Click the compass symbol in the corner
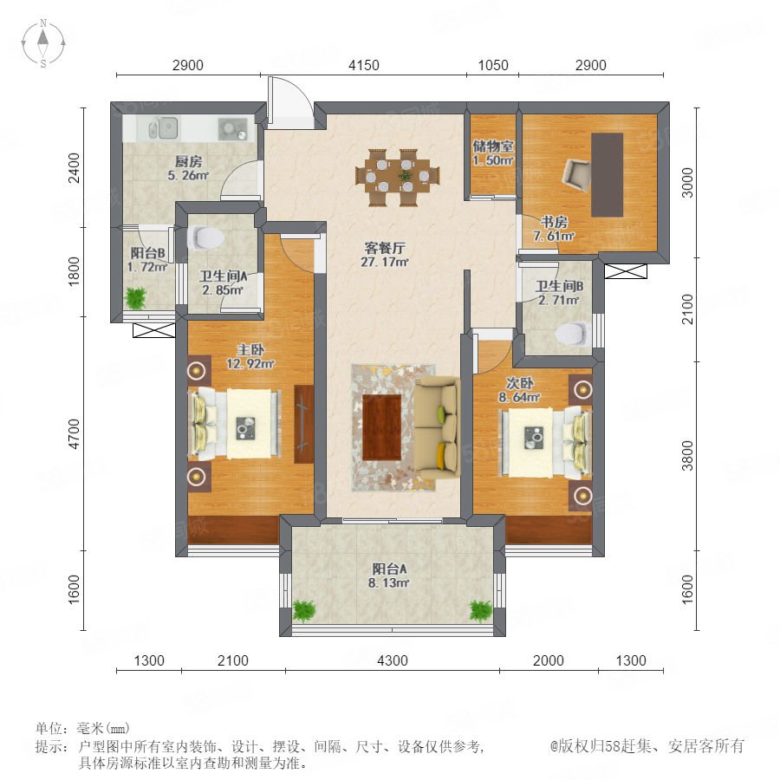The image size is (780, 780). pyautogui.click(x=43, y=42)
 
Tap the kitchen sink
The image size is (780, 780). pyautogui.click(x=163, y=128)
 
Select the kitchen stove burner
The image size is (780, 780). pyautogui.click(x=233, y=128)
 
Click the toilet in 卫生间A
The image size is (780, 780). pyautogui.click(x=205, y=237)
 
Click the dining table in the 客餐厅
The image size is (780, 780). pyautogui.click(x=398, y=177)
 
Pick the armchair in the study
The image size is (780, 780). pyautogui.click(x=576, y=175)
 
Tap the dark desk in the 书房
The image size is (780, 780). pyautogui.click(x=607, y=174)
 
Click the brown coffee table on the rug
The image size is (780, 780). pyautogui.click(x=381, y=427)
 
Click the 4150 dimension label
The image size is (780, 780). pyautogui.click(x=364, y=65)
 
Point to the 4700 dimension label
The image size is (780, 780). pyautogui.click(x=75, y=434)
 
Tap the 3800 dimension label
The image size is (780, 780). pyautogui.click(x=687, y=455)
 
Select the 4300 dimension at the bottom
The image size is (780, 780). pyautogui.click(x=393, y=660)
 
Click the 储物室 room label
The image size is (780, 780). pyautogui.click(x=493, y=146)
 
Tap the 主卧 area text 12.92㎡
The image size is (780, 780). pyautogui.click(x=250, y=364)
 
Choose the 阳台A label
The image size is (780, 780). pyautogui.click(x=389, y=569)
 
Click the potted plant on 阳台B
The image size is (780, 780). pyautogui.click(x=135, y=298)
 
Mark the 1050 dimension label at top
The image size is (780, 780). pyautogui.click(x=493, y=65)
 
